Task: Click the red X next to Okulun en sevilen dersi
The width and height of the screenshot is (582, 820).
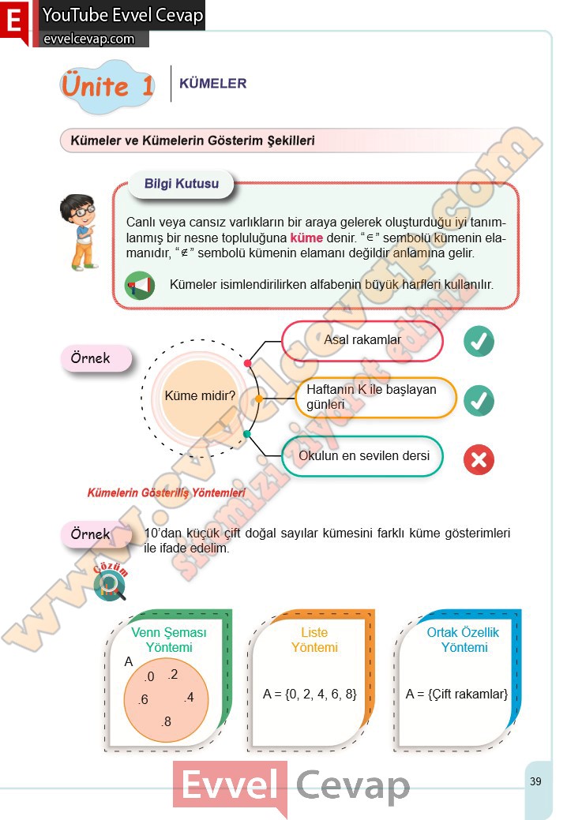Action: tap(478, 460)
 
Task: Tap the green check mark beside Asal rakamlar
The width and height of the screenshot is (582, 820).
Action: tap(478, 342)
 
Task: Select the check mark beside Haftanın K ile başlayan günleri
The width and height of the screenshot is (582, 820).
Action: tap(478, 400)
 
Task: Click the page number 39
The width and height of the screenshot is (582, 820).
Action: tap(535, 781)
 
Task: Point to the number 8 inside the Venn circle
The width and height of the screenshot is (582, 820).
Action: tap(166, 721)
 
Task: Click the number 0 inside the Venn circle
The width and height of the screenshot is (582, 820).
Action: tap(149, 676)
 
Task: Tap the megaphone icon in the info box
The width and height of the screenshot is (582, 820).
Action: tap(140, 285)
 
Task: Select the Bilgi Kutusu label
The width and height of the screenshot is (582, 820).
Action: tap(182, 185)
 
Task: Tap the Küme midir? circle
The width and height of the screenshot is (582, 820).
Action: tap(200, 395)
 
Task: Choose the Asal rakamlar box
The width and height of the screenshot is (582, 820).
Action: tap(362, 340)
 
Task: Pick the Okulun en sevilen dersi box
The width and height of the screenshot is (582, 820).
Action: tap(363, 456)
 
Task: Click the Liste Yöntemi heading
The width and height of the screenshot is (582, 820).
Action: tap(314, 640)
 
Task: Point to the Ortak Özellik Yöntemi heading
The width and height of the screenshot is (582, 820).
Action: tap(464, 640)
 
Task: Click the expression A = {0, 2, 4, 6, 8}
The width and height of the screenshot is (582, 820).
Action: tap(310, 695)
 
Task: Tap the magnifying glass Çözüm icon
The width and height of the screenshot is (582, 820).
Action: tap(111, 585)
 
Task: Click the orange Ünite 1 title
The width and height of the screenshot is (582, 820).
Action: tap(107, 85)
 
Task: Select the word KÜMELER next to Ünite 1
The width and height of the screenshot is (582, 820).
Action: tap(213, 83)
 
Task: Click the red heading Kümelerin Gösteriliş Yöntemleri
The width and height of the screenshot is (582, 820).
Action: tap(166, 493)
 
